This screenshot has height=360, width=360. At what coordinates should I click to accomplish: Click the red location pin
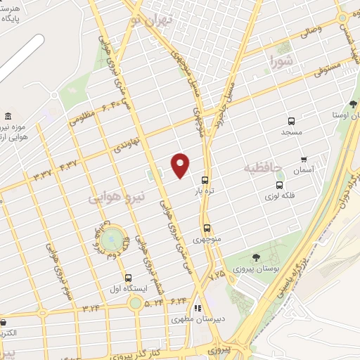pyautogui.click(x=181, y=165)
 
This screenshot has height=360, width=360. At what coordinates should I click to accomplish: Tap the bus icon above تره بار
pyautogui.click(x=205, y=180)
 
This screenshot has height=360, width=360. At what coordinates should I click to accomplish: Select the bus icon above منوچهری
pyautogui.click(x=207, y=228)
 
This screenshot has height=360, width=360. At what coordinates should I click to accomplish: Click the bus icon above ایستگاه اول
pyautogui.click(x=128, y=277)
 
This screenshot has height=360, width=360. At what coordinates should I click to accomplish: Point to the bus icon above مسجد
pyautogui.click(x=291, y=120)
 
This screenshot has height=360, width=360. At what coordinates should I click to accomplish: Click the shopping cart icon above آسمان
pyautogui.click(x=303, y=159)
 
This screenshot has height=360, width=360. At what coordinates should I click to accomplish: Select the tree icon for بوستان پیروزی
pyautogui.click(x=255, y=257)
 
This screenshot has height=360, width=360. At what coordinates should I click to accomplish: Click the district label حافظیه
pyautogui.click(x=262, y=168)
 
